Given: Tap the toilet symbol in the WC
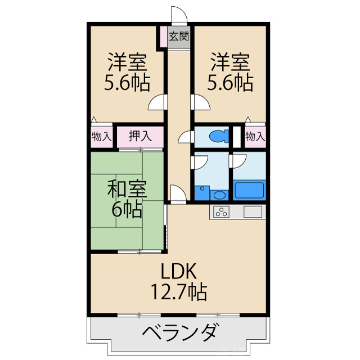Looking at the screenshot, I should pyautogui.click(x=217, y=136).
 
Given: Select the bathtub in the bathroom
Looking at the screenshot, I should pyautogui.click(x=249, y=190).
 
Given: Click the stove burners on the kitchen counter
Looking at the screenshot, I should pyautogui.click(x=221, y=212).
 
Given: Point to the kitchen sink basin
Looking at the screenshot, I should pyautogui.click(x=252, y=212).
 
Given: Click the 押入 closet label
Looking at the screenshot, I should pyautogui.click(x=139, y=136).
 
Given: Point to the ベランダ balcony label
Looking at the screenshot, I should pyautogui.click(x=178, y=332).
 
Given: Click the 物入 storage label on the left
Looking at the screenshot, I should pyautogui.click(x=101, y=136).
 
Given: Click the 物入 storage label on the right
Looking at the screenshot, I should pyautogui.click(x=255, y=136).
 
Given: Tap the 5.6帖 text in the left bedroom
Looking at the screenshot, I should pyautogui.click(x=127, y=83).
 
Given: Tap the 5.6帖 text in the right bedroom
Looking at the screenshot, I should pyautogui.click(x=229, y=83).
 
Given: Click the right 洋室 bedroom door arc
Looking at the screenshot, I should pyautogui.click(x=200, y=103).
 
